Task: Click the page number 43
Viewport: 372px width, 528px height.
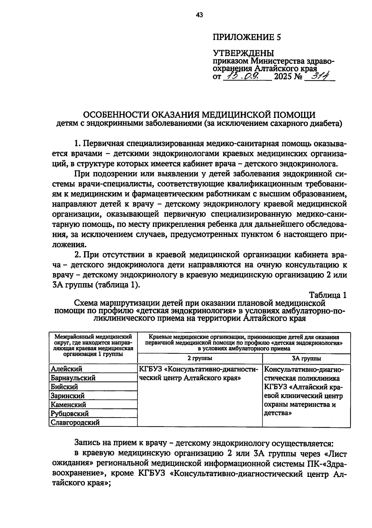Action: tap(199, 15)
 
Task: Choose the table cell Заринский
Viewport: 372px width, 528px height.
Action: tap(68, 396)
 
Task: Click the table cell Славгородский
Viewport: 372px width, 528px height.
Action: tap(75, 422)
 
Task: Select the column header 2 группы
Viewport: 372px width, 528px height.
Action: tap(200, 358)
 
